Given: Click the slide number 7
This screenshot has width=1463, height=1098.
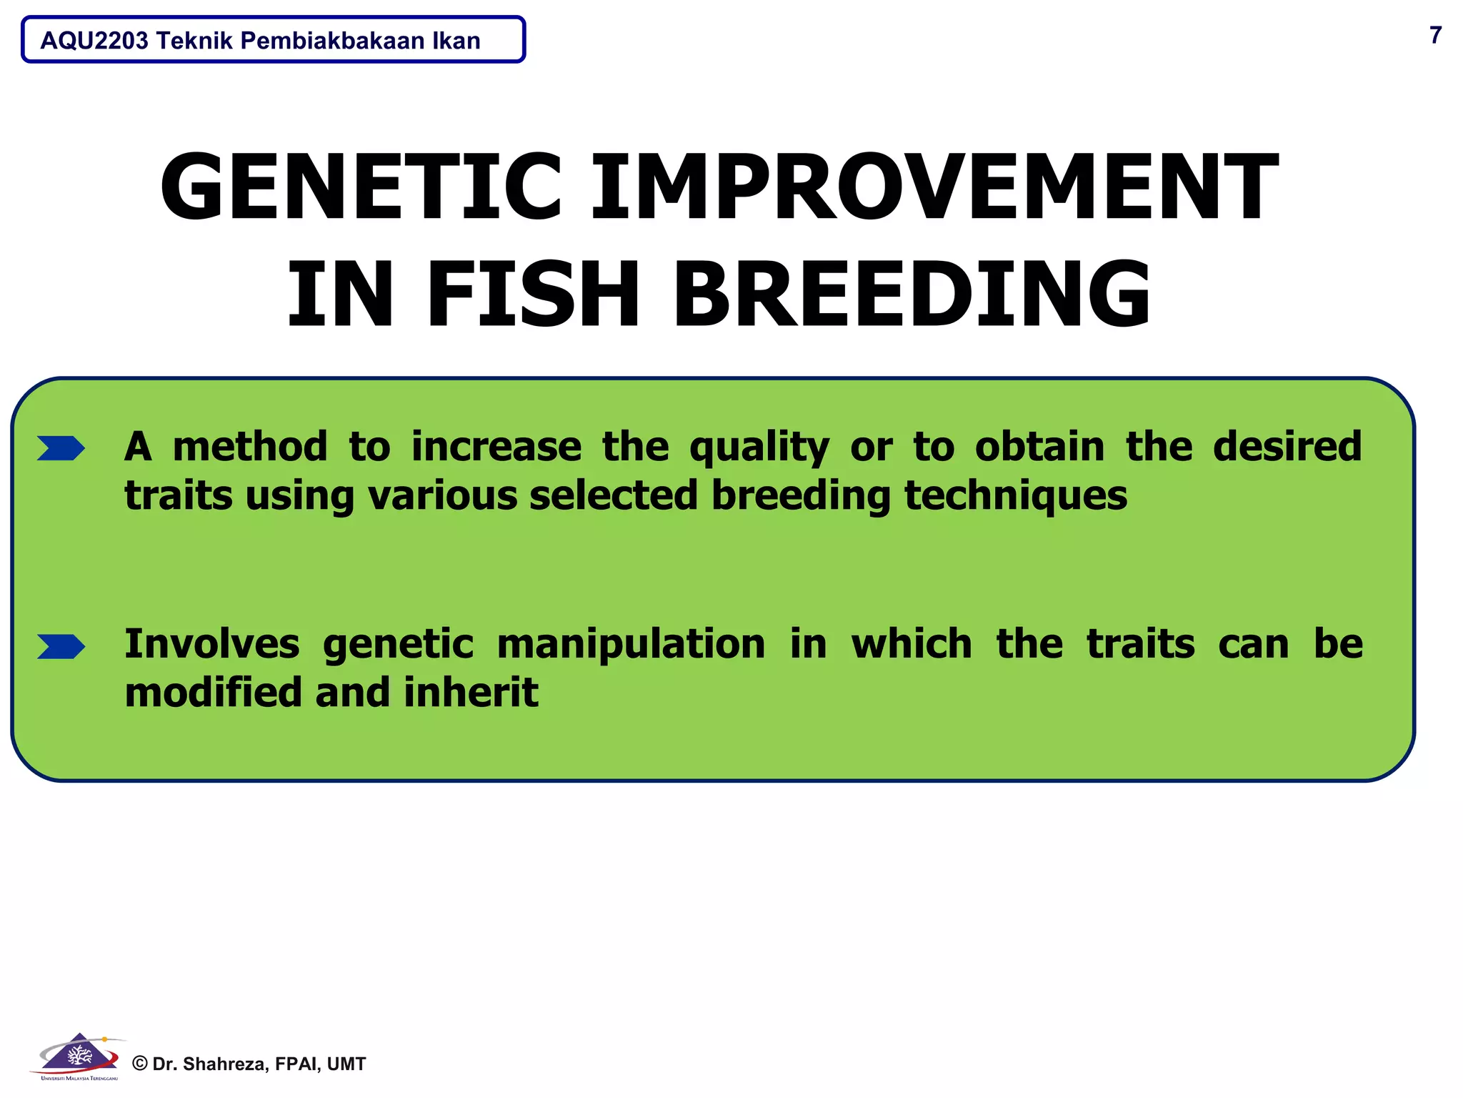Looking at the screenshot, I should pyautogui.click(x=1435, y=35).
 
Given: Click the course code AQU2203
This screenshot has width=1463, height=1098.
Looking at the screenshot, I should pyautogui.click(x=94, y=41).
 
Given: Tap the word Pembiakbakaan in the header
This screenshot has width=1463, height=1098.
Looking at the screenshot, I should pyautogui.click(x=332, y=41).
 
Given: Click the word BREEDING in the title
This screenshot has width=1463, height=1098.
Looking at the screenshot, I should pyautogui.click(x=912, y=295).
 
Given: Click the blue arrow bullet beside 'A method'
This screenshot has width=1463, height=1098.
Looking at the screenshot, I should pyautogui.click(x=61, y=448).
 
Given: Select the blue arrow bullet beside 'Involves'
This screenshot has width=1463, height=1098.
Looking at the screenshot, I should pyautogui.click(x=61, y=646).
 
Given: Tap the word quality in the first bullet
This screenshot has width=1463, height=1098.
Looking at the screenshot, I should pyautogui.click(x=759, y=448).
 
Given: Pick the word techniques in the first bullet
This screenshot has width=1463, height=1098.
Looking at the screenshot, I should pyautogui.click(x=1015, y=495).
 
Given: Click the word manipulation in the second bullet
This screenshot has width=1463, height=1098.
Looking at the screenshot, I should pyautogui.click(x=631, y=645).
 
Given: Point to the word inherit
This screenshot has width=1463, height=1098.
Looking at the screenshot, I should pyautogui.click(x=471, y=693).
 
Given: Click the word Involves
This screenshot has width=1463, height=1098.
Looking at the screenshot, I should pyautogui.click(x=211, y=643).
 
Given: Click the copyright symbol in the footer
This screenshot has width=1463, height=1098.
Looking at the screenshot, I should pyautogui.click(x=140, y=1064).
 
